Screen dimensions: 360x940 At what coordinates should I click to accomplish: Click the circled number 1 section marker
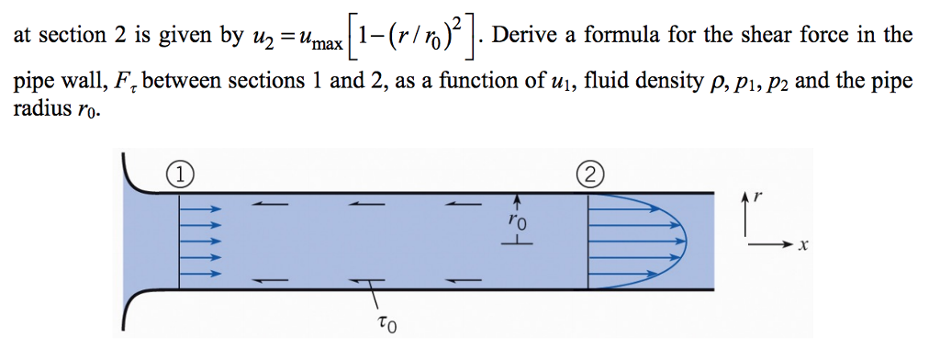[182, 173]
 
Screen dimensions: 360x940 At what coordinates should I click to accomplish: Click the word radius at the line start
[39, 108]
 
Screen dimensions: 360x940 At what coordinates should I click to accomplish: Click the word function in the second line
[492, 81]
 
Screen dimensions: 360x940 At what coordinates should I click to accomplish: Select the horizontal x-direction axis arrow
[771, 245]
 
